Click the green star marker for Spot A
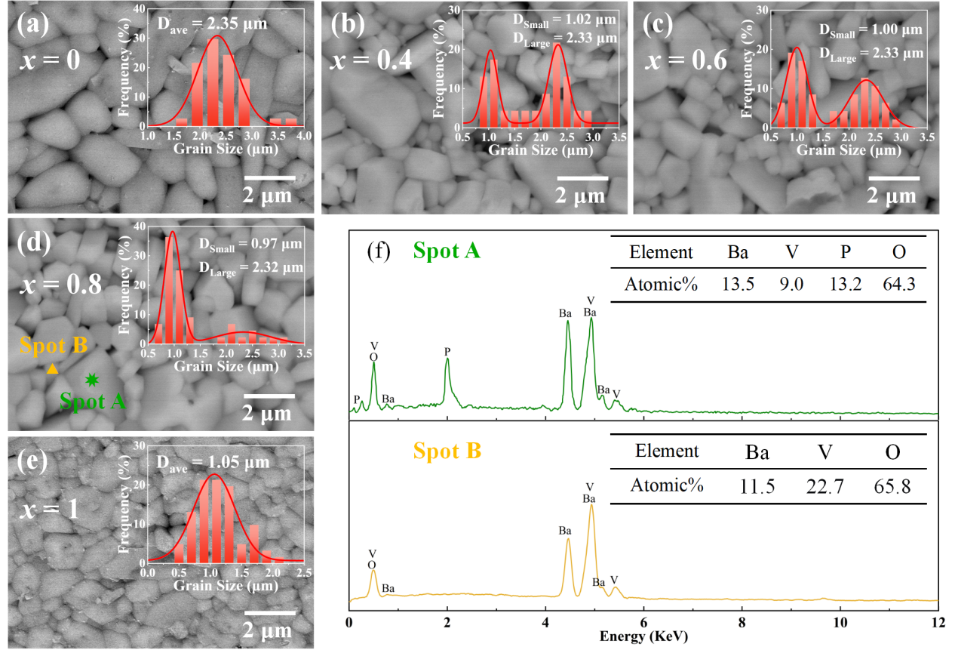coord(92,380)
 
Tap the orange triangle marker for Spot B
coord(52,369)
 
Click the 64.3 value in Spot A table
coord(898,285)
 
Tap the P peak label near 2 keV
coord(447,351)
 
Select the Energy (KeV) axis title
coord(643,636)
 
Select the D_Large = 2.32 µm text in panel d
coord(250,267)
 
